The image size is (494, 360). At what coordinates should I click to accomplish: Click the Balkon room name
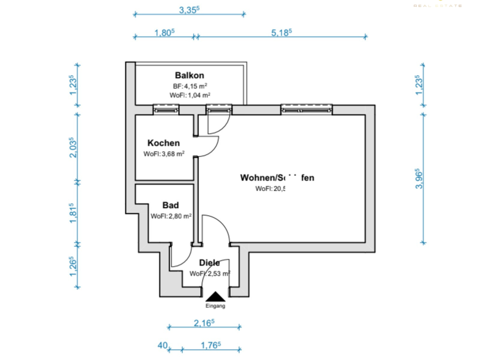tap(189, 75)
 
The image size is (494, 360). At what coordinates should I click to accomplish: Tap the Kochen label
tap(163, 143)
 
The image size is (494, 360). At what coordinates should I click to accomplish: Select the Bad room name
tap(170, 205)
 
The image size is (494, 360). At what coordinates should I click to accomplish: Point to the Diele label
tap(210, 262)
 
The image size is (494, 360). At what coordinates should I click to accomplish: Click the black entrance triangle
tap(215, 296)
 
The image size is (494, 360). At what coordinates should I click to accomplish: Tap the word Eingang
tap(215, 306)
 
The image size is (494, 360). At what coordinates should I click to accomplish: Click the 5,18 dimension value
tap(281, 32)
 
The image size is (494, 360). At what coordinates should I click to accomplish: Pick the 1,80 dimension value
tap(165, 32)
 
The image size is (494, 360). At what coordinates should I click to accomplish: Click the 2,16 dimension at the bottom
tap(203, 323)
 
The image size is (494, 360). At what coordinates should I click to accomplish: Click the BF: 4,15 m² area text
tap(189, 85)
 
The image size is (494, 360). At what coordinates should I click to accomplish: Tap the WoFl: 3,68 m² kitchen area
tap(164, 154)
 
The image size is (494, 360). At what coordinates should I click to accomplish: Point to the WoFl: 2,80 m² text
tap(171, 217)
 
